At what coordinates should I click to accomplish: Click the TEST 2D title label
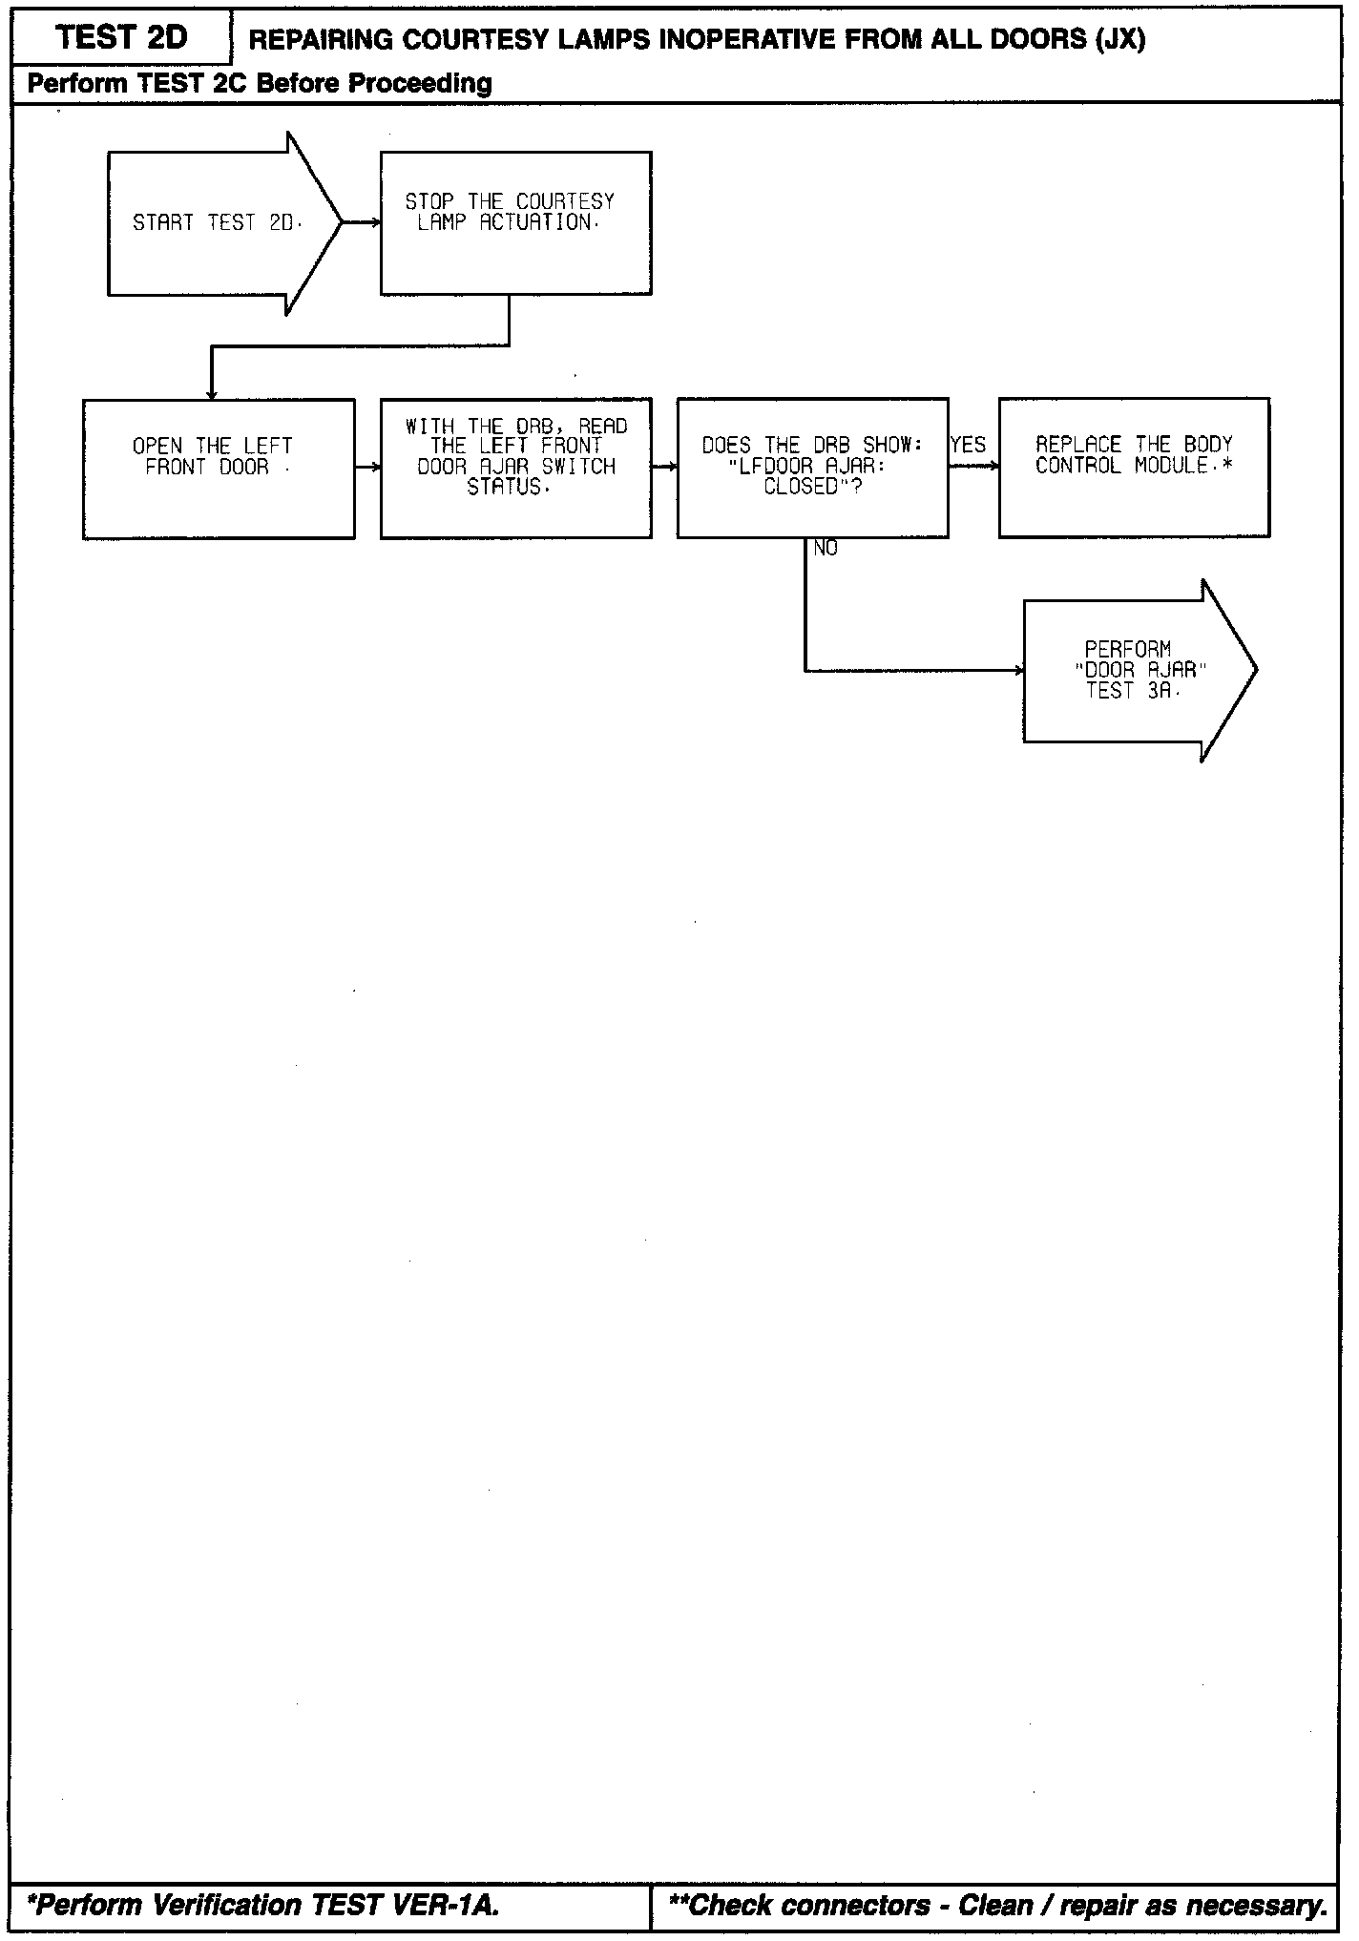121,38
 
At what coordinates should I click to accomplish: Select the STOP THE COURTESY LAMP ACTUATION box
515,223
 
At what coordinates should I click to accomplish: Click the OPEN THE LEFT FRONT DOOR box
219,469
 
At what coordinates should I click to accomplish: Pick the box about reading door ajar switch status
515,469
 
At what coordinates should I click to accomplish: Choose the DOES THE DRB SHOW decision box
812,468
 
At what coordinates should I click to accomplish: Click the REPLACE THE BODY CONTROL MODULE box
1134,468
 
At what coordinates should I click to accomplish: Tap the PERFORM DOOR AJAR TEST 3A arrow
1136,670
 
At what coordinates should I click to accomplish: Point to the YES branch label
968,445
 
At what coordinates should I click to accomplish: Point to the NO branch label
826,549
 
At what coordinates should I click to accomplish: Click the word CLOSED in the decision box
800,487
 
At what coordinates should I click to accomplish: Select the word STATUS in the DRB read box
505,488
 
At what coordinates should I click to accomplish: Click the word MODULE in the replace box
1171,466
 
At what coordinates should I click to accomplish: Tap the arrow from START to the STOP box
362,223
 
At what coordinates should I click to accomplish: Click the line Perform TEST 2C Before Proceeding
260,84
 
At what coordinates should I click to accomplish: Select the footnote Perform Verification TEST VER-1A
263,1906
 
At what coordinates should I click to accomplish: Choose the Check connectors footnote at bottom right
997,1906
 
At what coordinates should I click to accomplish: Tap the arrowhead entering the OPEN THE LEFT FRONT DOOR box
212,394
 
